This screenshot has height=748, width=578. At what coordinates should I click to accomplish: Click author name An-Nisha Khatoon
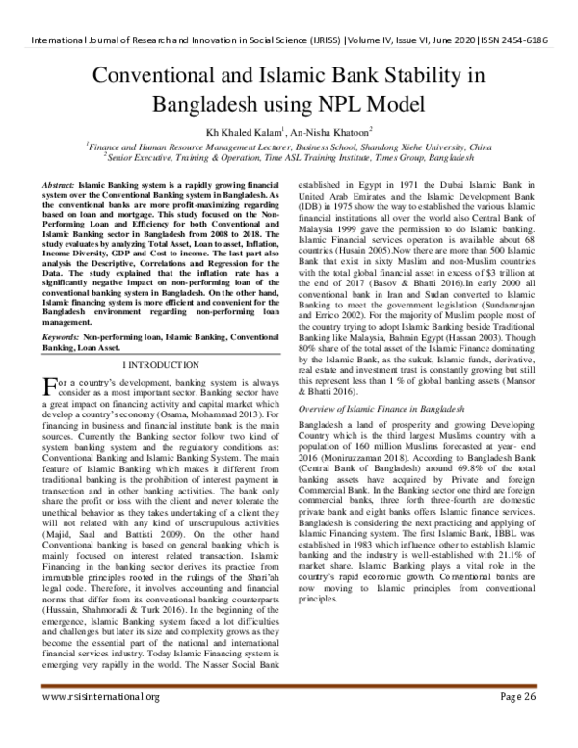point(337,131)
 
